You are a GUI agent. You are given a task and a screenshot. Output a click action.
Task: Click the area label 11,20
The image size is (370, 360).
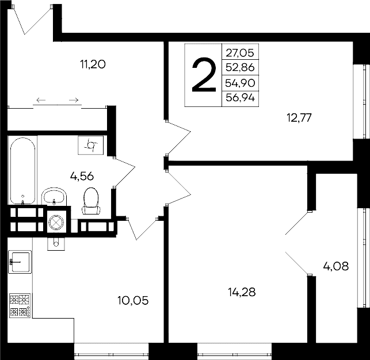click(93, 64)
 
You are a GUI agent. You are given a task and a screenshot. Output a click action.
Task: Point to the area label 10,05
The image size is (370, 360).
click(133, 300)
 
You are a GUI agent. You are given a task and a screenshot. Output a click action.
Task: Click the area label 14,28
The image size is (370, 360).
click(239, 292)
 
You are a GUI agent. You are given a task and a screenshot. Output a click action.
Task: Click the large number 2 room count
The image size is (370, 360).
click(203, 75)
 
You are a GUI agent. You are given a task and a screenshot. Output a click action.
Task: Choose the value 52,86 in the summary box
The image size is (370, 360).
click(240, 67)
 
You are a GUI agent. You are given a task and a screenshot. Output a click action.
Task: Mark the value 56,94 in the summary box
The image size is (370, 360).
click(240, 98)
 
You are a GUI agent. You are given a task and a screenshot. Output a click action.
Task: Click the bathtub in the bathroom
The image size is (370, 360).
click(22, 170)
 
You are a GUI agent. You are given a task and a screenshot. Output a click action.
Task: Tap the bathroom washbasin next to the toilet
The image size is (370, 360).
click(55, 196)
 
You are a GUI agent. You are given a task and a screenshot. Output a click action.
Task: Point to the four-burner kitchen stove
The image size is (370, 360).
click(20, 306)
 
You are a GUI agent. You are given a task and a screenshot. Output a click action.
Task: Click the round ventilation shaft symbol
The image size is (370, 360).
click(56, 221)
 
